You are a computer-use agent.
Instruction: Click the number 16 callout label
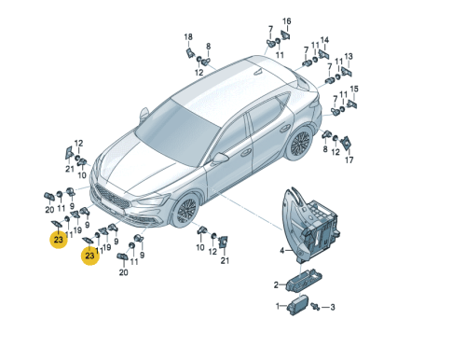[286, 21]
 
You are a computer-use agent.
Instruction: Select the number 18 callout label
[188, 37]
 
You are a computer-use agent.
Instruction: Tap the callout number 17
[349, 160]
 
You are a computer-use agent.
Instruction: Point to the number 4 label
[281, 251]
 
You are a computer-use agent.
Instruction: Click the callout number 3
[333, 308]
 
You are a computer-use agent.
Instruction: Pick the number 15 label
[354, 89]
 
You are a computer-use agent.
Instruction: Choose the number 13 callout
[349, 57]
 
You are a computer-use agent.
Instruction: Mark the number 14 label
[324, 40]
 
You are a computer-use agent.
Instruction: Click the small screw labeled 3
[316, 306]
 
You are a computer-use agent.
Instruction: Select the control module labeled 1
[297, 305]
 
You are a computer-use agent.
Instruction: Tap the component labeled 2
[304, 280]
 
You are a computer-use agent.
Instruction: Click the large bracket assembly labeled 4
[309, 224]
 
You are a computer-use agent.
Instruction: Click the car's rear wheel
[299, 144]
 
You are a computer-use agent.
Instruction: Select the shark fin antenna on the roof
[257, 72]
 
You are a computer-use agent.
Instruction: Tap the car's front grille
[111, 197]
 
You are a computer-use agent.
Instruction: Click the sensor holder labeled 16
[285, 35]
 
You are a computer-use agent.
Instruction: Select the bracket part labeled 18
[190, 53]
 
